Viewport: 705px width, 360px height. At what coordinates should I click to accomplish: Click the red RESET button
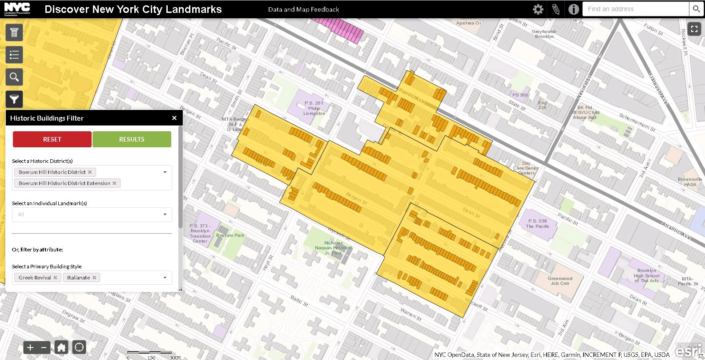pos(52,139)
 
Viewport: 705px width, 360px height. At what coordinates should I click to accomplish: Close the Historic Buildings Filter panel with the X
pos(174,118)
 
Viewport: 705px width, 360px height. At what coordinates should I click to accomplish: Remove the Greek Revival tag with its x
pos(55,278)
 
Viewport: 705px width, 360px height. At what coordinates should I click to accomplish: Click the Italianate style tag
pos(79,278)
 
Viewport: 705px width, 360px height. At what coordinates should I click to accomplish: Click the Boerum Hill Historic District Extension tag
pos(64,183)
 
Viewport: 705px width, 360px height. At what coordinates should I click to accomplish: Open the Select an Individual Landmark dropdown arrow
pos(165,214)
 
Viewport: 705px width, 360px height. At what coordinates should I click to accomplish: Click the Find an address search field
pos(635,9)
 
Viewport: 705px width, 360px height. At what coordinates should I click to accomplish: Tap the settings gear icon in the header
pos(538,9)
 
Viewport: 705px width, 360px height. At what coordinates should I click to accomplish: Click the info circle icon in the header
pos(573,9)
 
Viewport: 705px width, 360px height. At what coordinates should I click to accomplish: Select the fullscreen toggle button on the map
pos(694,29)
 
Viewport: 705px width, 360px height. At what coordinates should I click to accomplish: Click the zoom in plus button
pos(30,348)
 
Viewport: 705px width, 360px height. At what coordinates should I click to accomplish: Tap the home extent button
pos(61,348)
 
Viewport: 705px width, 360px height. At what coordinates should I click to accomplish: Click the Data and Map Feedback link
pos(303,9)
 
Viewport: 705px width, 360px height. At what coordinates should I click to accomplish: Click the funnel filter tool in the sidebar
pos(14,99)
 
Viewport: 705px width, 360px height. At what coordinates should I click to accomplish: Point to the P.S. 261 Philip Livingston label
pos(314,108)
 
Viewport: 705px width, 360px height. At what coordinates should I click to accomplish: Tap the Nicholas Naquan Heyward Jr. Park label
pos(333,248)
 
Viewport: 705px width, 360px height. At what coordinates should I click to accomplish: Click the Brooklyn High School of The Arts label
pos(646,275)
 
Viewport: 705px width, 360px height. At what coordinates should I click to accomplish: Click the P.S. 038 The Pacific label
pos(538,223)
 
